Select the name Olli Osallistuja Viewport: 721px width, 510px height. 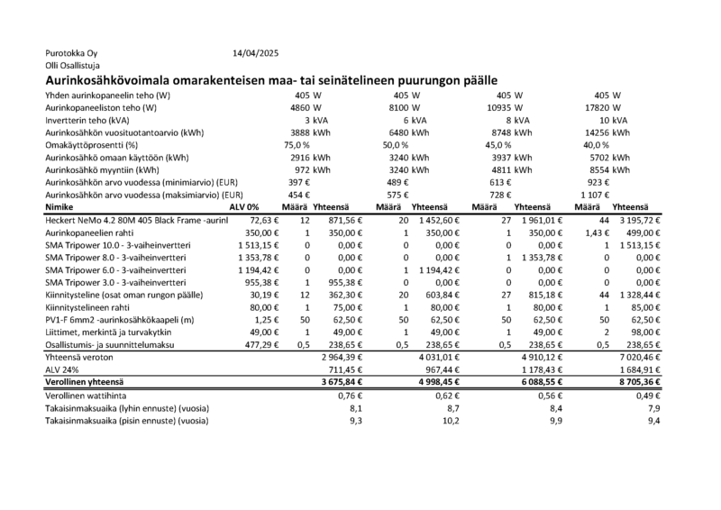tap(72, 66)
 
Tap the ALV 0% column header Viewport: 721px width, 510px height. tap(245, 206)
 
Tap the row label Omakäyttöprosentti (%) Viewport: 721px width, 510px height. tap(93, 144)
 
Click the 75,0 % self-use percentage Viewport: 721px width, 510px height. tap(297, 144)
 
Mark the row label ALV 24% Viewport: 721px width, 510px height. tap(63, 369)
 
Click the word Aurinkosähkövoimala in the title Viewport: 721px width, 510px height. tap(117, 80)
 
